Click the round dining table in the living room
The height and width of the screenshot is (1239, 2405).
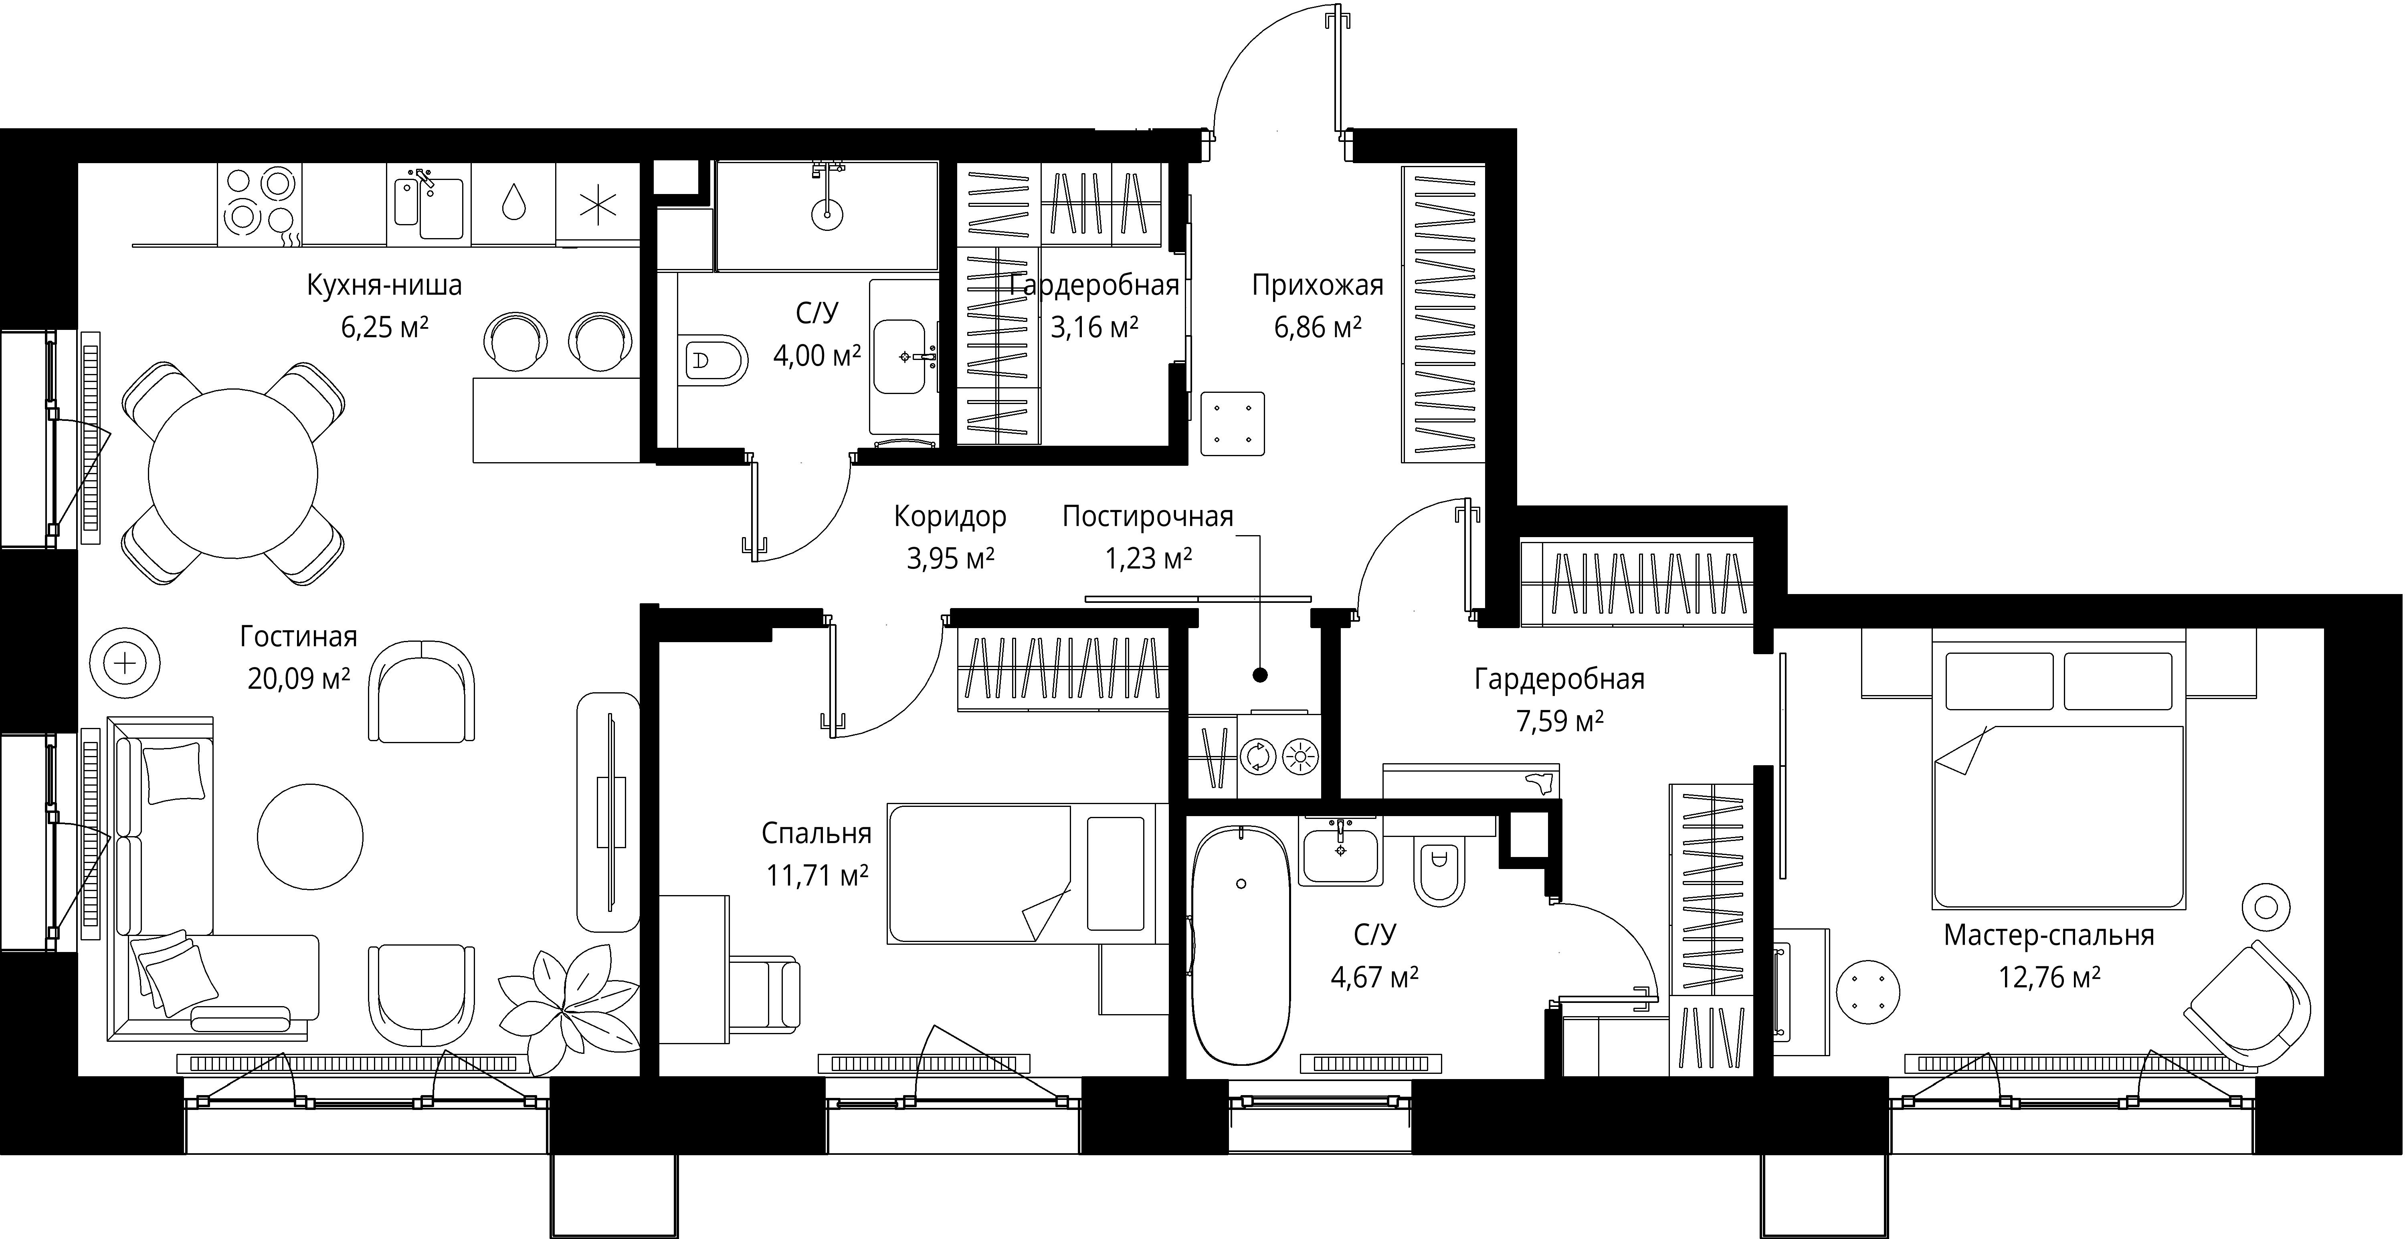pyautogui.click(x=232, y=473)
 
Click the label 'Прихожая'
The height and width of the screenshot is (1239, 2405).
pyautogui.click(x=1317, y=285)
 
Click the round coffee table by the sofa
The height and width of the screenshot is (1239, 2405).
pyautogui.click(x=310, y=837)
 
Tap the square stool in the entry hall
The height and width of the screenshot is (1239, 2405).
pyautogui.click(x=1233, y=424)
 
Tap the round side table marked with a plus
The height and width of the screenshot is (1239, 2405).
pyautogui.click(x=125, y=665)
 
